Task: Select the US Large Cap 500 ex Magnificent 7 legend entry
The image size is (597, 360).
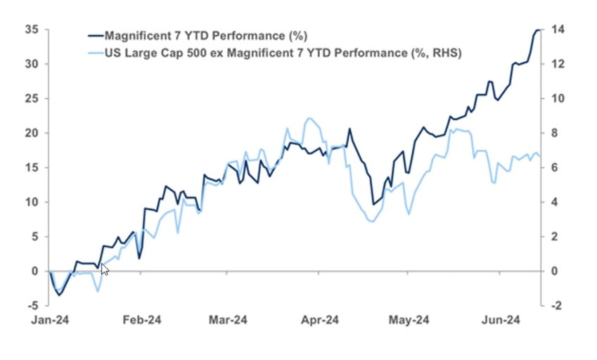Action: [281, 53]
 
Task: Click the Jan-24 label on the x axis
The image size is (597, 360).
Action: [51, 320]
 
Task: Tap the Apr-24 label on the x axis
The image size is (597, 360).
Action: [320, 320]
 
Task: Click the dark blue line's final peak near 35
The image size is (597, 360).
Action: [537, 30]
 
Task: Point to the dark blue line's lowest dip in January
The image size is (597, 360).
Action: [59, 295]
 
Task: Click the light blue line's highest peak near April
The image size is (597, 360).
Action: [309, 119]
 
